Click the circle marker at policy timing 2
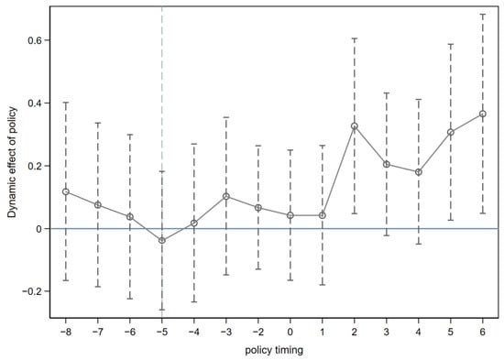[355, 126]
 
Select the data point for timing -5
[162, 240]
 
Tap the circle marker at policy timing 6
[482, 114]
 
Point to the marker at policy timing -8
[66, 191]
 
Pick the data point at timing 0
[290, 215]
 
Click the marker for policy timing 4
[419, 172]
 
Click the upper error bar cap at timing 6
[482, 15]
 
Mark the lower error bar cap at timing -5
[162, 310]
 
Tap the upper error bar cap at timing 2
[355, 38]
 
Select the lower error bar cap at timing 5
[451, 220]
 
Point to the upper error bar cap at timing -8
[66, 103]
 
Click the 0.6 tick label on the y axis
[35, 40]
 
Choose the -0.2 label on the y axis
[32, 291]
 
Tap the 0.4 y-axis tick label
[35, 104]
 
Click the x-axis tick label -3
[226, 332]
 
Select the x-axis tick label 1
[323, 332]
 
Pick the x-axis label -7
[98, 332]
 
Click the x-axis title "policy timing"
[274, 350]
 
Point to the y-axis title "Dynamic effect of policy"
[12, 162]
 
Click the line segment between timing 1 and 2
[338, 170]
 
